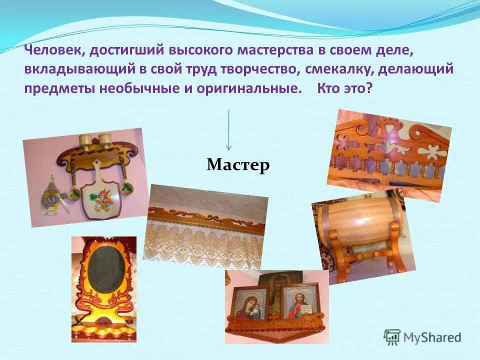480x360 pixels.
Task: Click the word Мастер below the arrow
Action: [238, 164]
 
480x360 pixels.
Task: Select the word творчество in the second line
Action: [257, 69]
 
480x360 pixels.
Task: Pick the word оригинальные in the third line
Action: [256, 88]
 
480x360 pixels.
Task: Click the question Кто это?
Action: [344, 88]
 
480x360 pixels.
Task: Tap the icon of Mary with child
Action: [251, 305]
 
